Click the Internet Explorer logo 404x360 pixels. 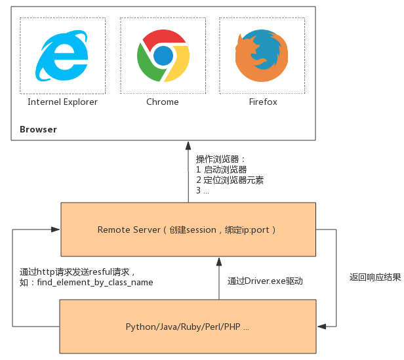pyautogui.click(x=62, y=56)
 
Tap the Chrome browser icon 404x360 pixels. pyautogui.click(x=163, y=56)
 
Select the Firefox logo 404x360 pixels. pyautogui.click(x=262, y=56)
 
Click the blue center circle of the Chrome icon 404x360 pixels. pyautogui.click(x=163, y=56)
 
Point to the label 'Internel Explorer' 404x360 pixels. pyautogui.click(x=62, y=102)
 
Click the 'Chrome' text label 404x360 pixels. pyautogui.click(x=163, y=102)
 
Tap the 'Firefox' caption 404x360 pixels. pyautogui.click(x=263, y=102)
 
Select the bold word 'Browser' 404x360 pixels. pyautogui.click(x=39, y=129)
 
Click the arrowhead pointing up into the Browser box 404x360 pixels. pyautogui.click(x=188, y=146)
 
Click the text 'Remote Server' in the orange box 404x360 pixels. pyautogui.click(x=129, y=230)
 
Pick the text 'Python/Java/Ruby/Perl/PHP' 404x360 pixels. pyautogui.click(x=183, y=327)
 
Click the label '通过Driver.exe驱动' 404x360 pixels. pyautogui.click(x=265, y=281)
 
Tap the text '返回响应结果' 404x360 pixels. pyautogui.click(x=375, y=277)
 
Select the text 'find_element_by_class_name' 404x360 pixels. pyautogui.click(x=95, y=283)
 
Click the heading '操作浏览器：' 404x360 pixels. pyautogui.click(x=220, y=159)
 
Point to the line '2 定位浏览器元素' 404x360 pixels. pyautogui.click(x=230, y=180)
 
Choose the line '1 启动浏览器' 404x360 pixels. pyautogui.click(x=221, y=170)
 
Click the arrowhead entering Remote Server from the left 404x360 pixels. pyautogui.click(x=55, y=230)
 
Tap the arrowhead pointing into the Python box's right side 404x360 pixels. pyautogui.click(x=321, y=327)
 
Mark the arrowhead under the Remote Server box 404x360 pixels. pyautogui.click(x=219, y=262)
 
